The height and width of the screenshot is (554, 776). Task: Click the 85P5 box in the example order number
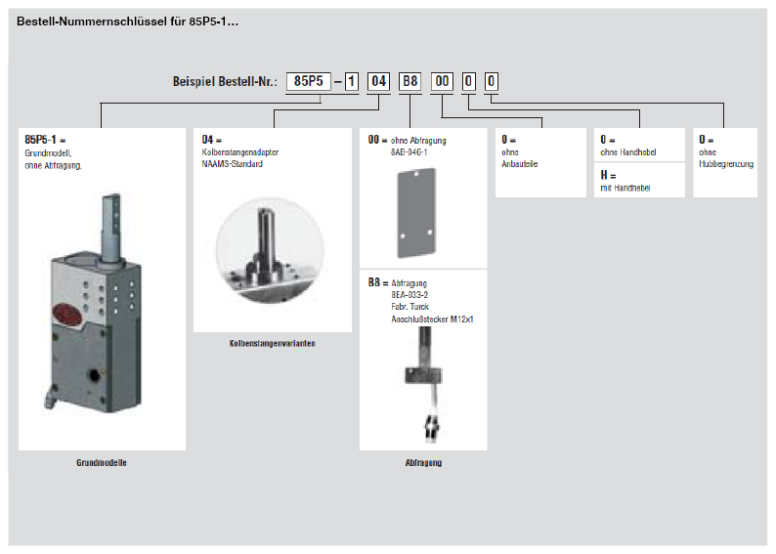click(308, 82)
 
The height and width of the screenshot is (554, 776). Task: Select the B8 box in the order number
click(410, 82)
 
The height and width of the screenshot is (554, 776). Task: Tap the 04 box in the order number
click(378, 82)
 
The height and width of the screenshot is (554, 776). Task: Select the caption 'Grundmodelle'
click(102, 462)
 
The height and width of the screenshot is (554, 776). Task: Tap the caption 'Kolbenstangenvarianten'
click(273, 343)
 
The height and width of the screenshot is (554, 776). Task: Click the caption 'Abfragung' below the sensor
click(423, 462)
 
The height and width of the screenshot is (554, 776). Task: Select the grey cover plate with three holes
click(416, 208)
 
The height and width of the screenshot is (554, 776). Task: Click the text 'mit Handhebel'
click(625, 188)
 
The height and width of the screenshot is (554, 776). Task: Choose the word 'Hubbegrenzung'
click(726, 164)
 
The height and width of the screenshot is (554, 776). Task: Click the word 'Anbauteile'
click(519, 164)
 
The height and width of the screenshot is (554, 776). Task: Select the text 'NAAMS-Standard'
click(232, 164)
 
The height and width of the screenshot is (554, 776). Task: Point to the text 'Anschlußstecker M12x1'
click(432, 319)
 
